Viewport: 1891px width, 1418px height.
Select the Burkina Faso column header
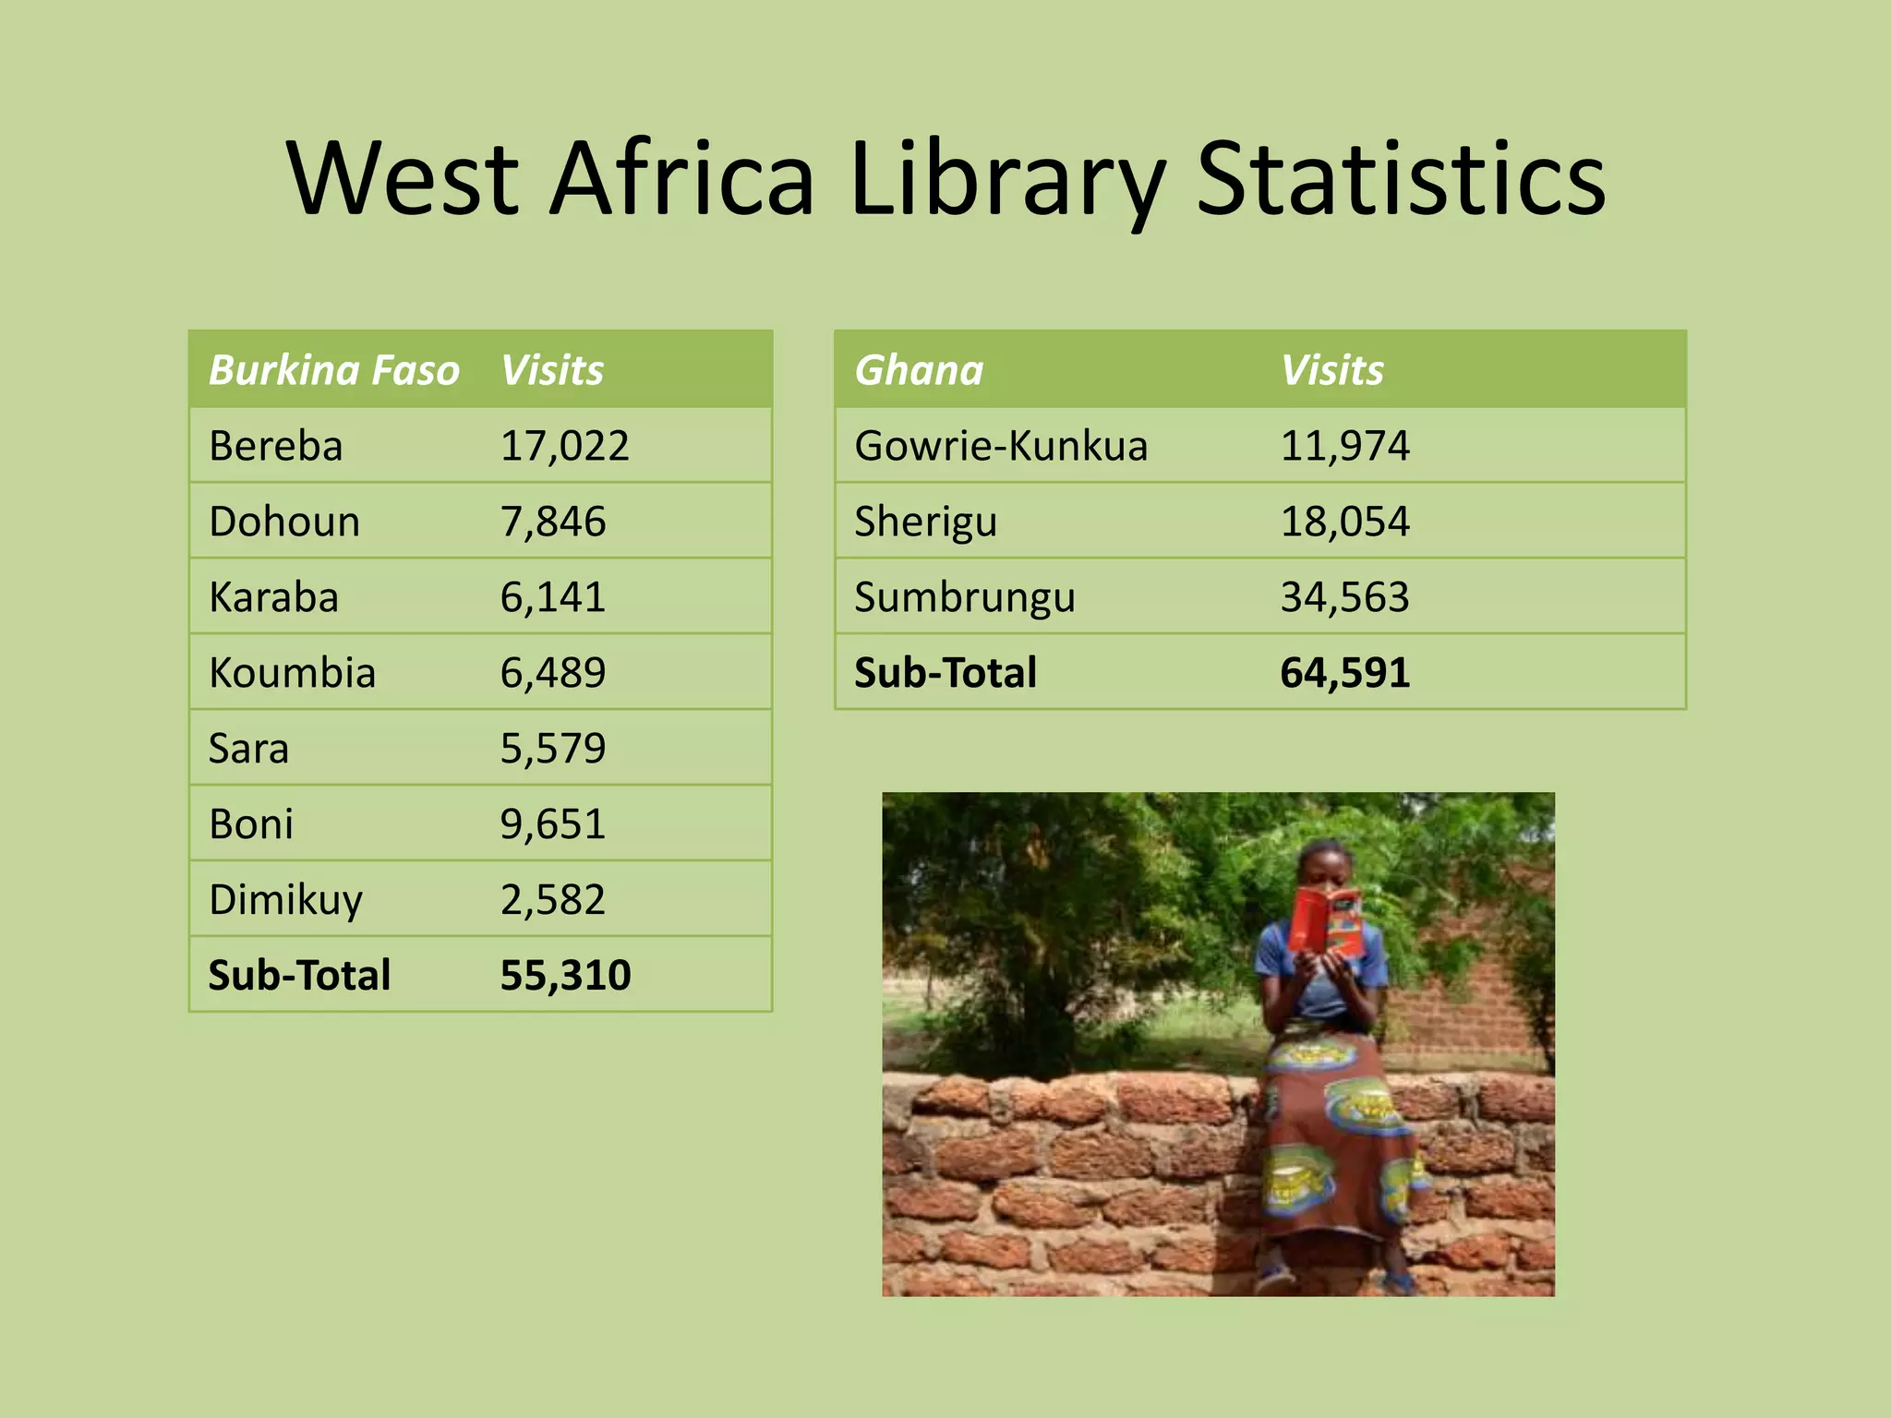tap(333, 370)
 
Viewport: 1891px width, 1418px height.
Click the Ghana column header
tap(919, 370)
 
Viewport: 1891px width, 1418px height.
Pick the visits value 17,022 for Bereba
tap(564, 446)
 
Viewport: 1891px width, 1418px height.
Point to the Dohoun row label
tap(284, 522)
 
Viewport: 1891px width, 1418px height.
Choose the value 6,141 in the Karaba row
tap(552, 597)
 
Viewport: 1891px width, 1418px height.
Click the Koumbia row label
tap(292, 673)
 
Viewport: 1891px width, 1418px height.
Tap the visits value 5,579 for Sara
tap(552, 749)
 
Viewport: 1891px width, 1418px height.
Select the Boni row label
tap(250, 824)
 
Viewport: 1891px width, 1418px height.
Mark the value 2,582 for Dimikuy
tap(552, 900)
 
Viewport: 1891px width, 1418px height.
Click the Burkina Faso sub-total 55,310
tap(565, 976)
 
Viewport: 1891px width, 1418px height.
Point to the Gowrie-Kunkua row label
tap(1001, 446)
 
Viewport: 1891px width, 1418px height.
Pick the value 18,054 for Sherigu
tap(1344, 522)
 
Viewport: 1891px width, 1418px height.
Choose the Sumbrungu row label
tap(965, 597)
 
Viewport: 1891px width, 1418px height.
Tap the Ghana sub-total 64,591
tap(1344, 673)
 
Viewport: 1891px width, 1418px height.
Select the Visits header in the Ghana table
tap(1331, 370)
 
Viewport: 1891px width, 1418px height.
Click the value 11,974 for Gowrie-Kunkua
tap(1344, 446)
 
